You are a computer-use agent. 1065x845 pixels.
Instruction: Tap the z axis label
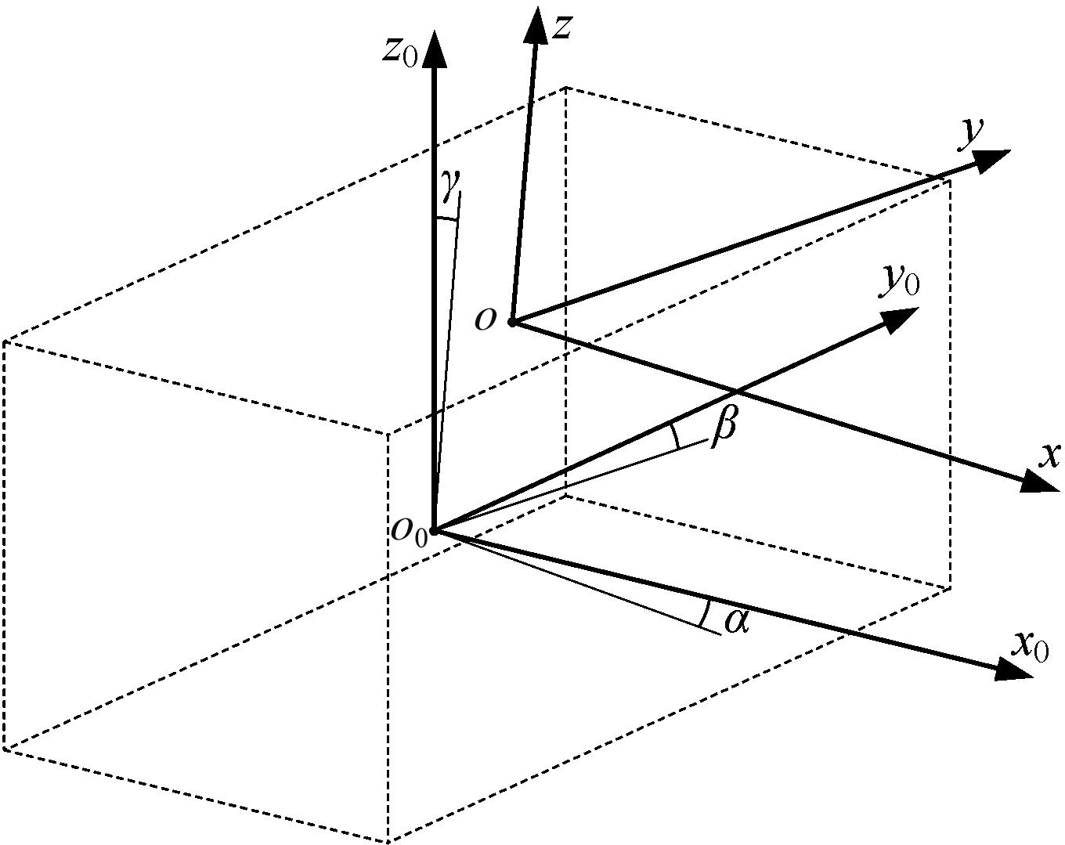(563, 27)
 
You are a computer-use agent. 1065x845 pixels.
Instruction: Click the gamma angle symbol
(451, 185)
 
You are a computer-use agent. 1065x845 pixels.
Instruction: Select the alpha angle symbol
(737, 621)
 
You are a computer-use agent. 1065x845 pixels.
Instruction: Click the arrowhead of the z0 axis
(435, 49)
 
